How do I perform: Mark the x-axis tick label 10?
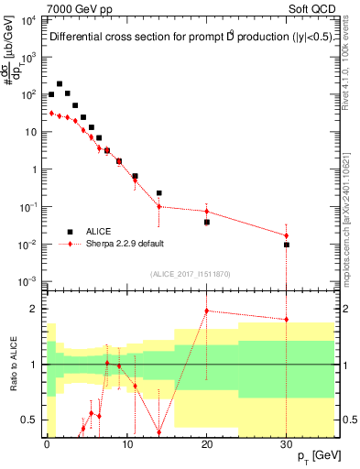(126, 444)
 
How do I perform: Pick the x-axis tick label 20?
(207, 444)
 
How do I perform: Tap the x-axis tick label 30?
(287, 444)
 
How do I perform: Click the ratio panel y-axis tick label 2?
(31, 309)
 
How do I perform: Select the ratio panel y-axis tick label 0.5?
(27, 420)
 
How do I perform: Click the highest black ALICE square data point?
(60, 83)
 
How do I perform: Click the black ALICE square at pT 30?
(287, 245)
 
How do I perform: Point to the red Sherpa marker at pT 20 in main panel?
(207, 212)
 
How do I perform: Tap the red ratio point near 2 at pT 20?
(207, 311)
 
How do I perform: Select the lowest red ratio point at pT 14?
(158, 432)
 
